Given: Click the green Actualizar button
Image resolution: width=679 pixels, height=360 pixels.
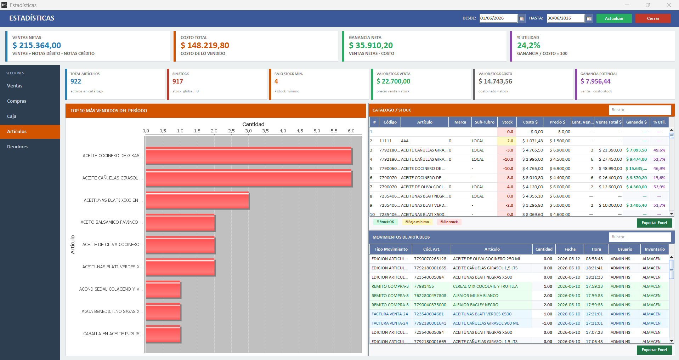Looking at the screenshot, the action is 614,18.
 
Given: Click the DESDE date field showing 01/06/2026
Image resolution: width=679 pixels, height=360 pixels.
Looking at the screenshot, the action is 498,18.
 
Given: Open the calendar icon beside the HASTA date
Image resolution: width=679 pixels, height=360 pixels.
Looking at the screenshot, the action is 589,18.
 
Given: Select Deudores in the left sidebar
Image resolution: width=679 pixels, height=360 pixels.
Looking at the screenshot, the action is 18,147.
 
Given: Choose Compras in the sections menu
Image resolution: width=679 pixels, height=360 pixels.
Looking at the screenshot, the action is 17,101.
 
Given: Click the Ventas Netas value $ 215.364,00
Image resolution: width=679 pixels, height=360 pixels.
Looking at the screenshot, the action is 37,45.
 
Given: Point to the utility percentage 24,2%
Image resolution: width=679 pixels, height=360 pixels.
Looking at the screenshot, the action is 528,45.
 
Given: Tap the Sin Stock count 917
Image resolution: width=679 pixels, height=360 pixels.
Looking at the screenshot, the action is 178,81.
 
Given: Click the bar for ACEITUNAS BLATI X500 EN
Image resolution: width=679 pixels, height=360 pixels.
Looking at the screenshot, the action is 197,201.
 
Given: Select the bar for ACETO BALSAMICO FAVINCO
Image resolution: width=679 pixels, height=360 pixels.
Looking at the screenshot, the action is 180,223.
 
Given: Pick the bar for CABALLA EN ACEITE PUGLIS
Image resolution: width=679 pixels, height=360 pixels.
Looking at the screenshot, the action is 163,334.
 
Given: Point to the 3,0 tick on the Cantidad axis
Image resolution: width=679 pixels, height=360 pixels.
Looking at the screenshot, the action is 248,131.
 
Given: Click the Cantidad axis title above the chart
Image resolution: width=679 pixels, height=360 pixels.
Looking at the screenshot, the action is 253,124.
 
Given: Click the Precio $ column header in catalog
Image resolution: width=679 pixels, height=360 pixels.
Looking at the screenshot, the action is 558,122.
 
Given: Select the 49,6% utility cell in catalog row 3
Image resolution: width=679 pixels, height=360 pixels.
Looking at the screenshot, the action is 659,150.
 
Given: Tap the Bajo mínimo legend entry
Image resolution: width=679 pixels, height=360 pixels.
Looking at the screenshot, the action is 417,222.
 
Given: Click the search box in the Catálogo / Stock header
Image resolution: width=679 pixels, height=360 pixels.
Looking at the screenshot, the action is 640,110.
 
